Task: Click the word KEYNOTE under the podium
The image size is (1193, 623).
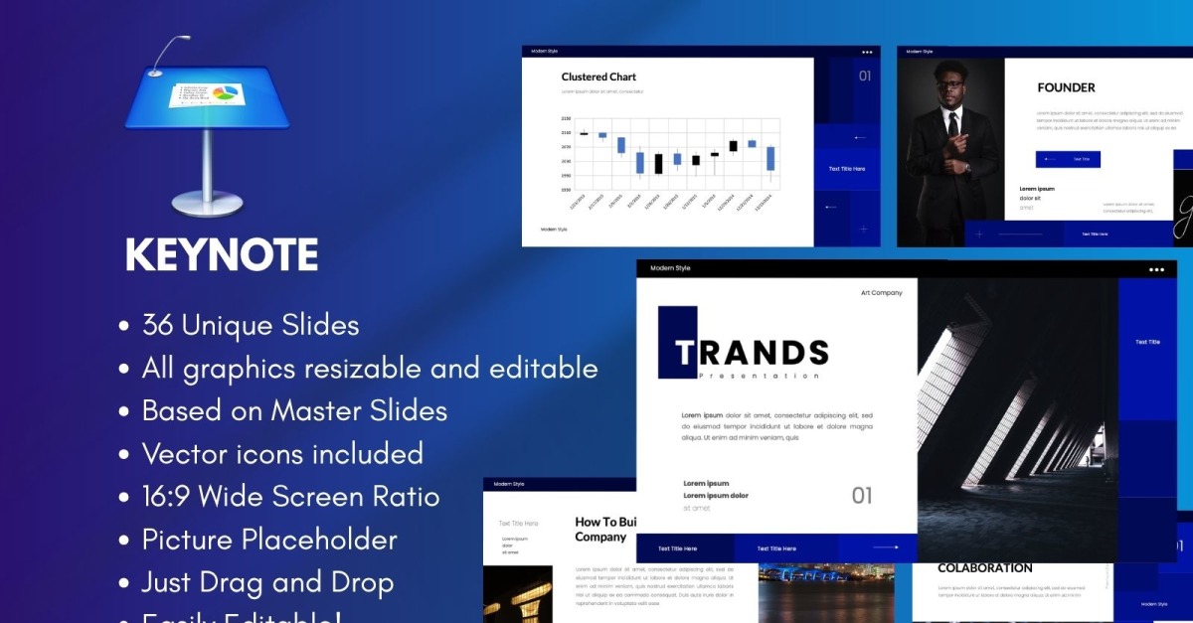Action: [222, 255]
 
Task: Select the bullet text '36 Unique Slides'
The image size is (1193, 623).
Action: [251, 325]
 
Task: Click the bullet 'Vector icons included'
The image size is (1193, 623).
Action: [282, 454]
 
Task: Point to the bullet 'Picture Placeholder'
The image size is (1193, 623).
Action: [269, 540]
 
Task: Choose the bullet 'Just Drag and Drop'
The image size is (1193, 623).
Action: [267, 582]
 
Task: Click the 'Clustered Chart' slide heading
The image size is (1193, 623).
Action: [598, 77]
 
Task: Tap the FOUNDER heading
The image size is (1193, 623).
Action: [1066, 87]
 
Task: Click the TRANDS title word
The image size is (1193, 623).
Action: [752, 352]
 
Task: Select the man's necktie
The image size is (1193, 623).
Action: [952, 125]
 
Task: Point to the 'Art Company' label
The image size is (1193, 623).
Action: [882, 293]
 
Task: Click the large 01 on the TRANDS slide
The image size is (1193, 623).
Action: [862, 495]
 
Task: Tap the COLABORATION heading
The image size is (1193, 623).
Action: [985, 568]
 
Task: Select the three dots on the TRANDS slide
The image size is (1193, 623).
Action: [1156, 269]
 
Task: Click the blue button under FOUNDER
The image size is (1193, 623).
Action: [1068, 159]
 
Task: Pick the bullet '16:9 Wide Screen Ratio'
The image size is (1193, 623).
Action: [290, 497]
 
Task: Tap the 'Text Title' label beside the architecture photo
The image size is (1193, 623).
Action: [1147, 342]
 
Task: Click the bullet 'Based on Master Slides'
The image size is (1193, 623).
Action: [294, 410]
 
